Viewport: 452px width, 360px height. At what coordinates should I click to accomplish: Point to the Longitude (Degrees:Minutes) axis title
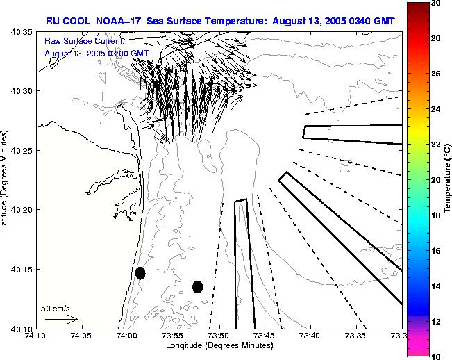click(218, 345)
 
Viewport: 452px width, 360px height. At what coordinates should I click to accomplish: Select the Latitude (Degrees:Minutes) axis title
click(6, 180)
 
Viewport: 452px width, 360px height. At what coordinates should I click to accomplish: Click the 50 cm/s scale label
click(56, 308)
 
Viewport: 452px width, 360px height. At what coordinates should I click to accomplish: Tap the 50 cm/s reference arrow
click(61, 320)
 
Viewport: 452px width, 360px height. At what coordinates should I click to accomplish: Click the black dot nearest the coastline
click(140, 273)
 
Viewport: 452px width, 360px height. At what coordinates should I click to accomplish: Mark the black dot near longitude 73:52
click(197, 286)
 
